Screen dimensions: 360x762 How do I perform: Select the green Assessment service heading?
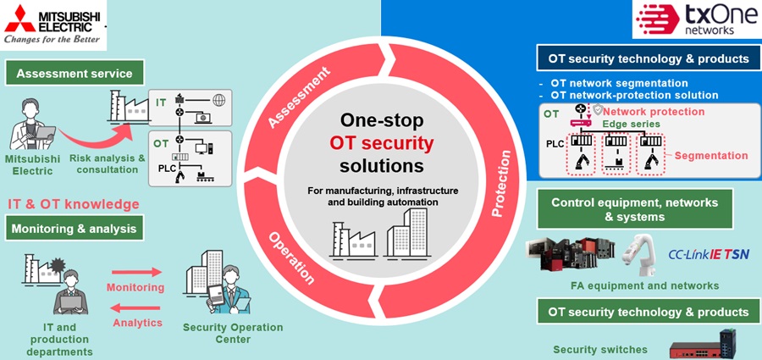coord(75,73)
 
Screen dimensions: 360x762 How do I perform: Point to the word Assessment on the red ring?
coord(297,101)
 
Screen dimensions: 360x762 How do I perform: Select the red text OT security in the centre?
coord(381,141)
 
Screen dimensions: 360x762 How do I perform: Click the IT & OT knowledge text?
coord(74,204)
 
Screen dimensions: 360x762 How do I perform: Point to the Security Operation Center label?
coord(233,334)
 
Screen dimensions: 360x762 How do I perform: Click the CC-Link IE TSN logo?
coord(709,253)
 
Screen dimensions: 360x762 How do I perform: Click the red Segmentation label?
coord(711,156)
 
